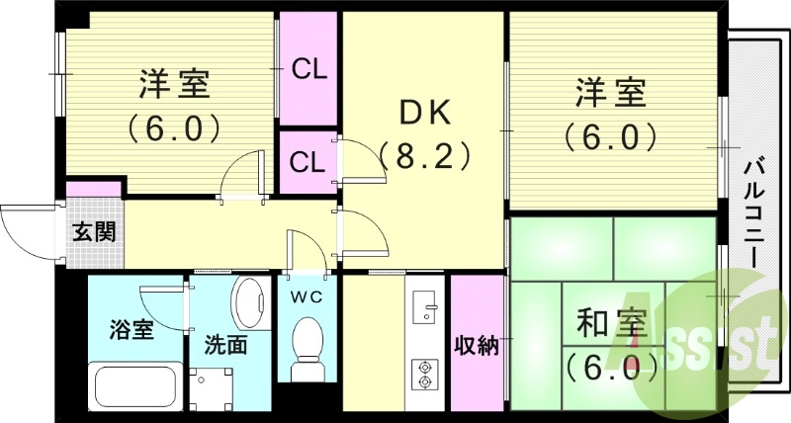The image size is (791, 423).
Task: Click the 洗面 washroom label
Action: click(225, 346)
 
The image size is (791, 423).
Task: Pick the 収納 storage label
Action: click(477, 345)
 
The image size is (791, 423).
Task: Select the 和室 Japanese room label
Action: click(612, 324)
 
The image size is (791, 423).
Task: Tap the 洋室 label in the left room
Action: click(173, 85)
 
